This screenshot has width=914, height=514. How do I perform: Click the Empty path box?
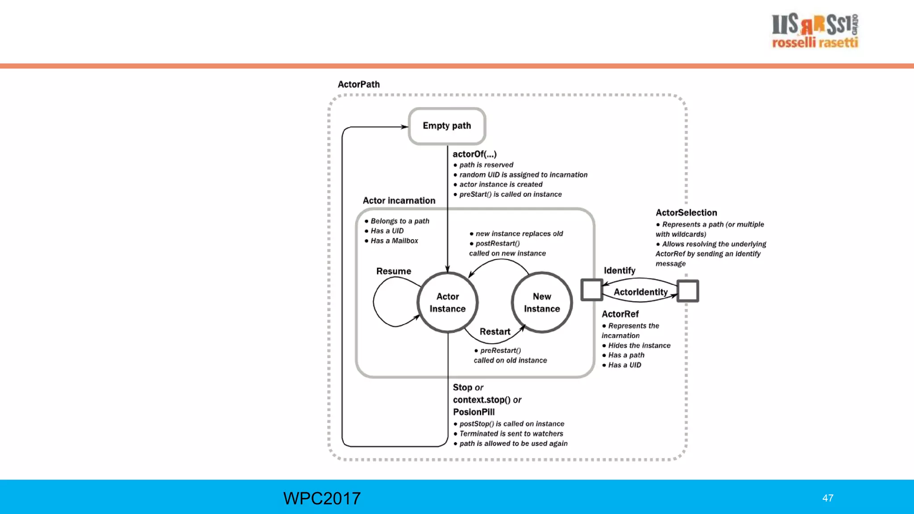coord(447,126)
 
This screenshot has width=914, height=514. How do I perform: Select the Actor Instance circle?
coord(448,303)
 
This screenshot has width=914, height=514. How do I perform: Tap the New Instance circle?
coord(542,303)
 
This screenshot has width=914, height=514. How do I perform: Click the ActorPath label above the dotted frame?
coord(358,84)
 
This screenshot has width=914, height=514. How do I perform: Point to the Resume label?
coord(393,271)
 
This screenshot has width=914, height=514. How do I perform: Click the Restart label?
coord(494,332)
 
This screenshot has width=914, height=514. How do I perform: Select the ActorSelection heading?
coord(686,213)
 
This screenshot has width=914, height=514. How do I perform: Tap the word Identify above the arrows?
coord(619,270)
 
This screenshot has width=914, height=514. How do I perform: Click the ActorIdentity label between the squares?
coord(640,292)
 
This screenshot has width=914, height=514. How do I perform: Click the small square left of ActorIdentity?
coord(592,290)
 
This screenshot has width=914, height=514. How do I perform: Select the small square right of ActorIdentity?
coord(688,291)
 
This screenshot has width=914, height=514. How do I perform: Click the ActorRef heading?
coord(620,314)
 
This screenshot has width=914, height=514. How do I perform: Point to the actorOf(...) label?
coord(474,154)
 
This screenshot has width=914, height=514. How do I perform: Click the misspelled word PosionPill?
coord(474,412)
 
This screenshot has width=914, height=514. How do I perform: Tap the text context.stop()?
coord(482,400)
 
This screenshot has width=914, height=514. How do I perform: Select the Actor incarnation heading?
coord(399,201)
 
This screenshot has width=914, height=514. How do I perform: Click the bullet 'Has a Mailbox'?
coord(394,241)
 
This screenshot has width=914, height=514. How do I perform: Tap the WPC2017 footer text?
coord(322,498)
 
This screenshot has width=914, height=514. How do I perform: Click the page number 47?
coord(827,498)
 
